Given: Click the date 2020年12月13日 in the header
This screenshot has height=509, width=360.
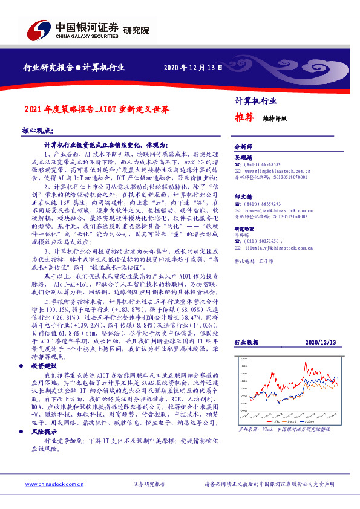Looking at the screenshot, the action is (189, 67).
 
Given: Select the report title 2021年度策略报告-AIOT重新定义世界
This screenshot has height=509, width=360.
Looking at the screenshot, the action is (96, 110).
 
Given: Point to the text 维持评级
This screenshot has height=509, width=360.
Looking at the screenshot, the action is (274, 119).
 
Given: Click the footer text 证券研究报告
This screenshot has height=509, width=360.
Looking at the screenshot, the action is (149, 485).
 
